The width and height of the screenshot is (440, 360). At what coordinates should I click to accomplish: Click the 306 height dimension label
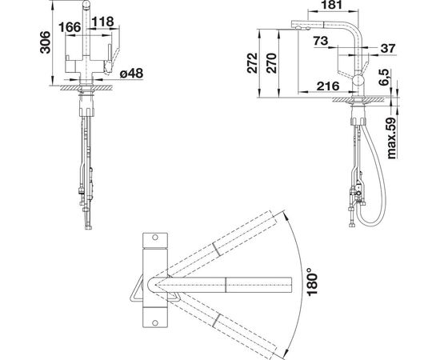click(45, 42)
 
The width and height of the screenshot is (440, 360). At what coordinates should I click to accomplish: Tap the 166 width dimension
click(70, 27)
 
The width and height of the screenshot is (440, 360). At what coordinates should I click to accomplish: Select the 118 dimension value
click(102, 22)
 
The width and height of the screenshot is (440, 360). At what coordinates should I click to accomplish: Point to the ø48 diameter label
click(131, 74)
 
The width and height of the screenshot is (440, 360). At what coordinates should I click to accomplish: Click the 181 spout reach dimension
click(332, 5)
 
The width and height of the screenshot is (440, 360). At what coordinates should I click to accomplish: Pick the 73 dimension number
click(321, 41)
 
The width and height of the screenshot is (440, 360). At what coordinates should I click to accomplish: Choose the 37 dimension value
click(388, 48)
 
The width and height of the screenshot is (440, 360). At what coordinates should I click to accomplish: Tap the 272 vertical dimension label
click(252, 63)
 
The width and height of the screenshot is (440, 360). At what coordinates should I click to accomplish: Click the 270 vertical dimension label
click(271, 63)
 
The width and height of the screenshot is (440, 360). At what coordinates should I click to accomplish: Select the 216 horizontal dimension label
click(328, 86)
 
